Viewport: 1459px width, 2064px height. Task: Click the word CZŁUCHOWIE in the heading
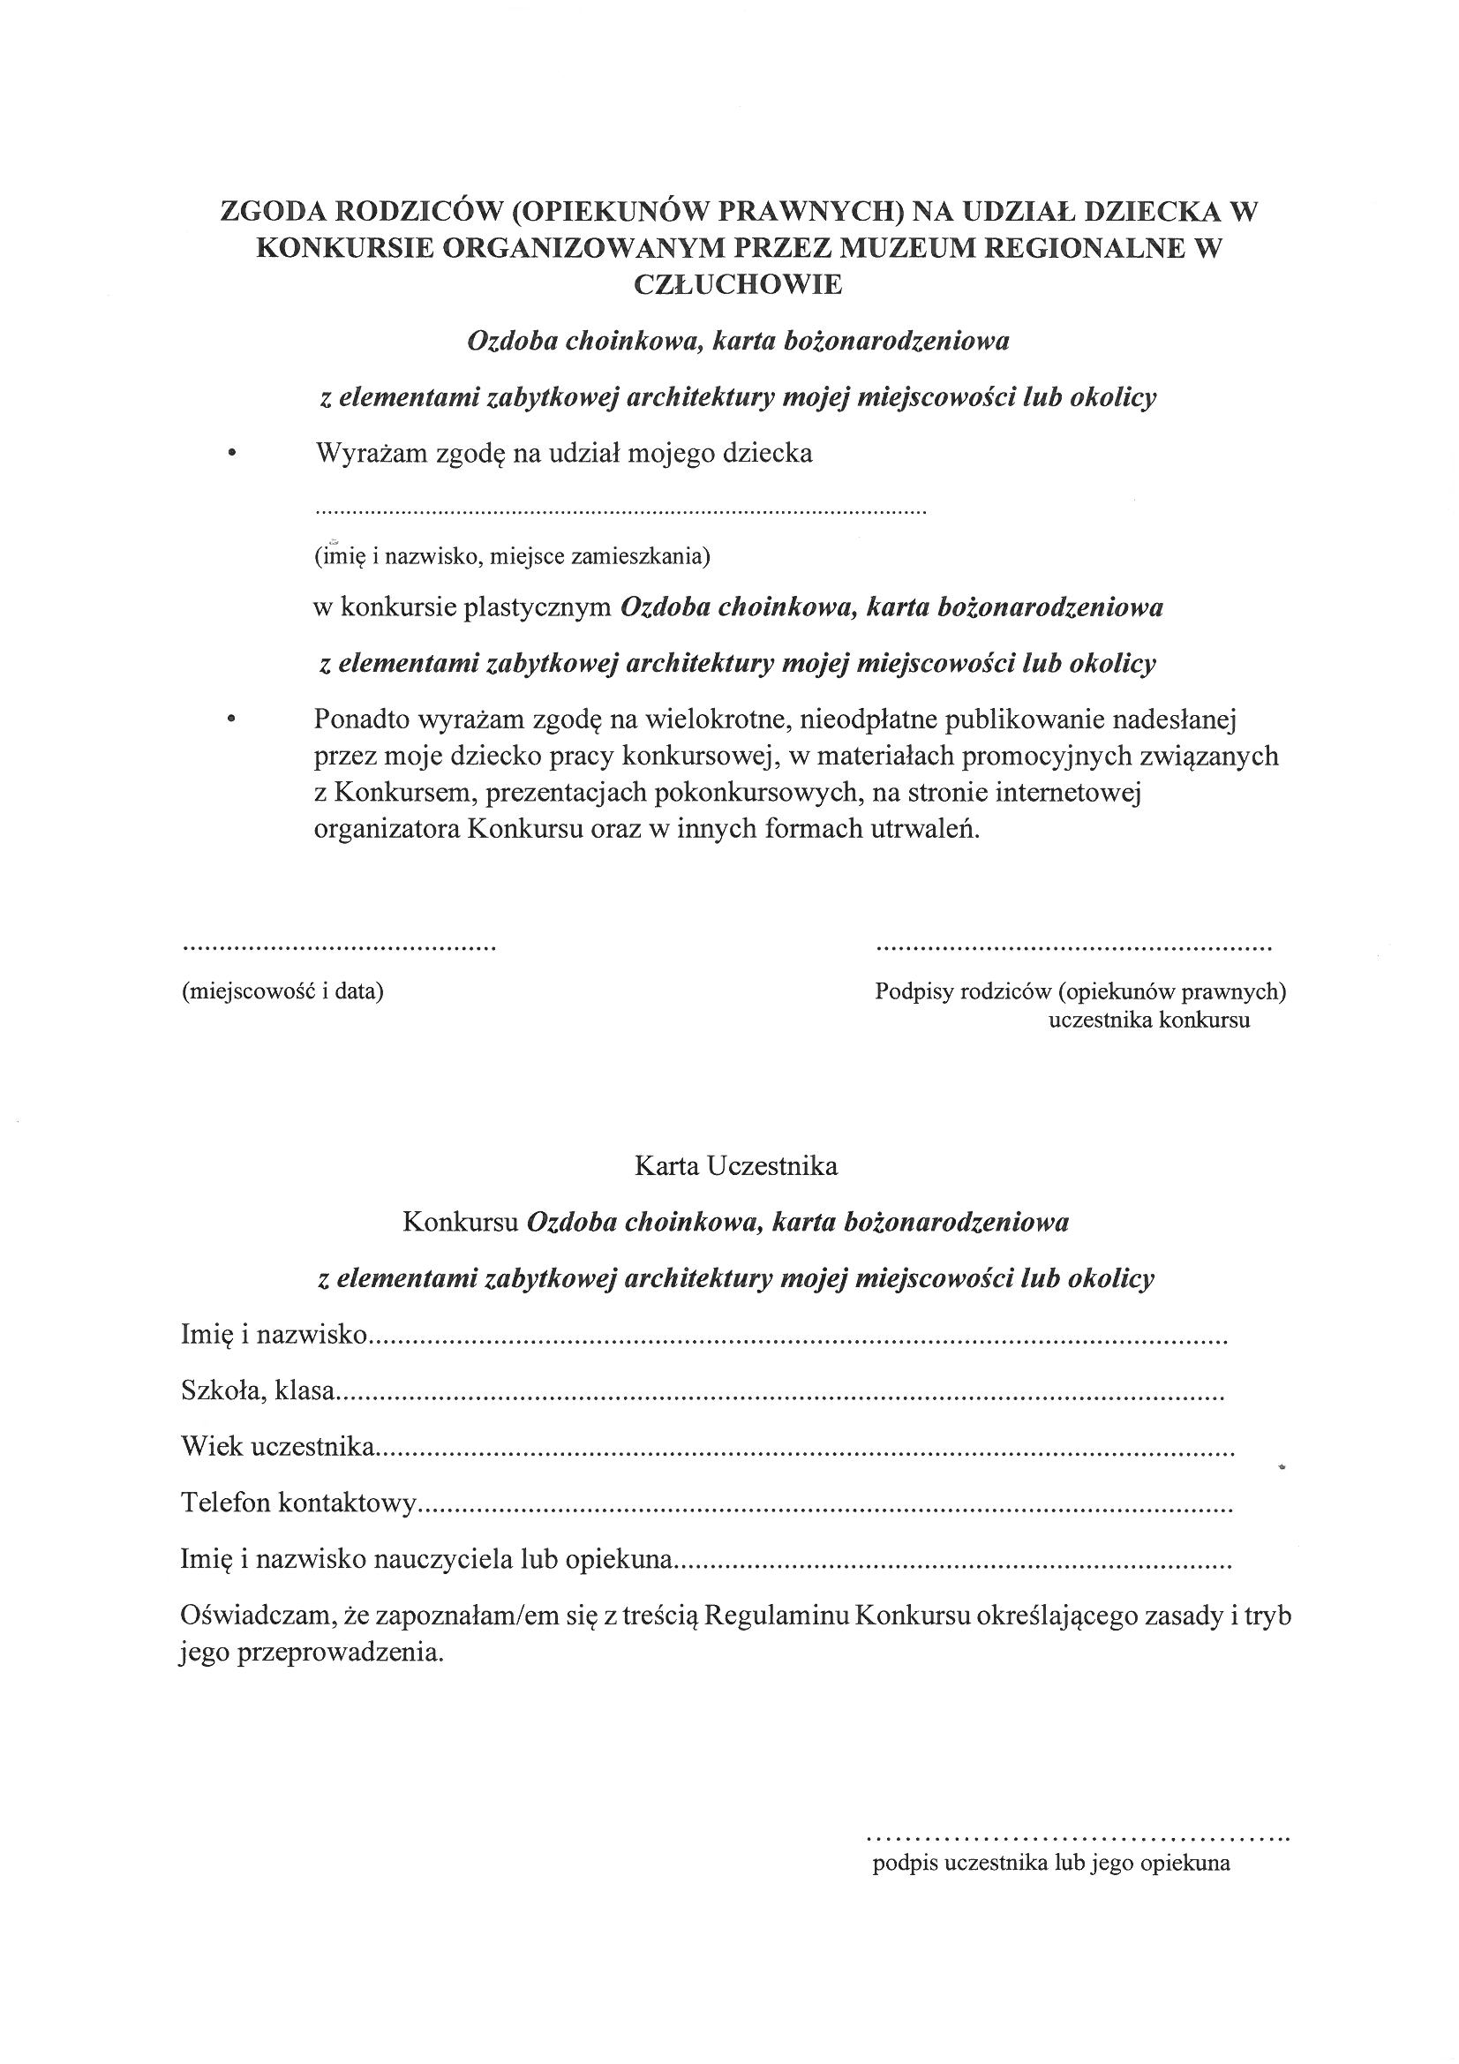pyautogui.click(x=738, y=284)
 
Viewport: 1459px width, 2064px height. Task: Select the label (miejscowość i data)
pyautogui.click(x=282, y=991)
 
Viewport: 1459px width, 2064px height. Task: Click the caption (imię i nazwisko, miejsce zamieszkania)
pyautogui.click(x=512, y=556)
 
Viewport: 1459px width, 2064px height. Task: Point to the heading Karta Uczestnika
pyautogui.click(x=736, y=1166)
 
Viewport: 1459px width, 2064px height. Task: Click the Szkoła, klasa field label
pyautogui.click(x=258, y=1391)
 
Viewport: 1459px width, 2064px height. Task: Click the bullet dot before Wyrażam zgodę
pyautogui.click(x=232, y=455)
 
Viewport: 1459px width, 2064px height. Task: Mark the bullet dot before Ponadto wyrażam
pyautogui.click(x=232, y=719)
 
